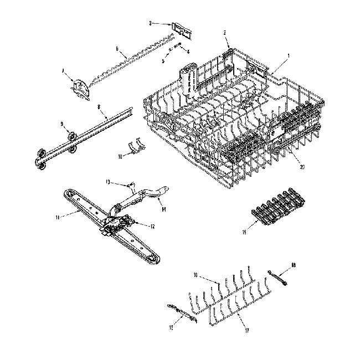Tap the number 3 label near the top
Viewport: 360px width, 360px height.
[151, 23]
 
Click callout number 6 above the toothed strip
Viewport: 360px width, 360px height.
[117, 49]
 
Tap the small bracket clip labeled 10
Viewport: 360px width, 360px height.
[133, 147]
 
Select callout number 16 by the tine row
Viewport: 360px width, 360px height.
[195, 275]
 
